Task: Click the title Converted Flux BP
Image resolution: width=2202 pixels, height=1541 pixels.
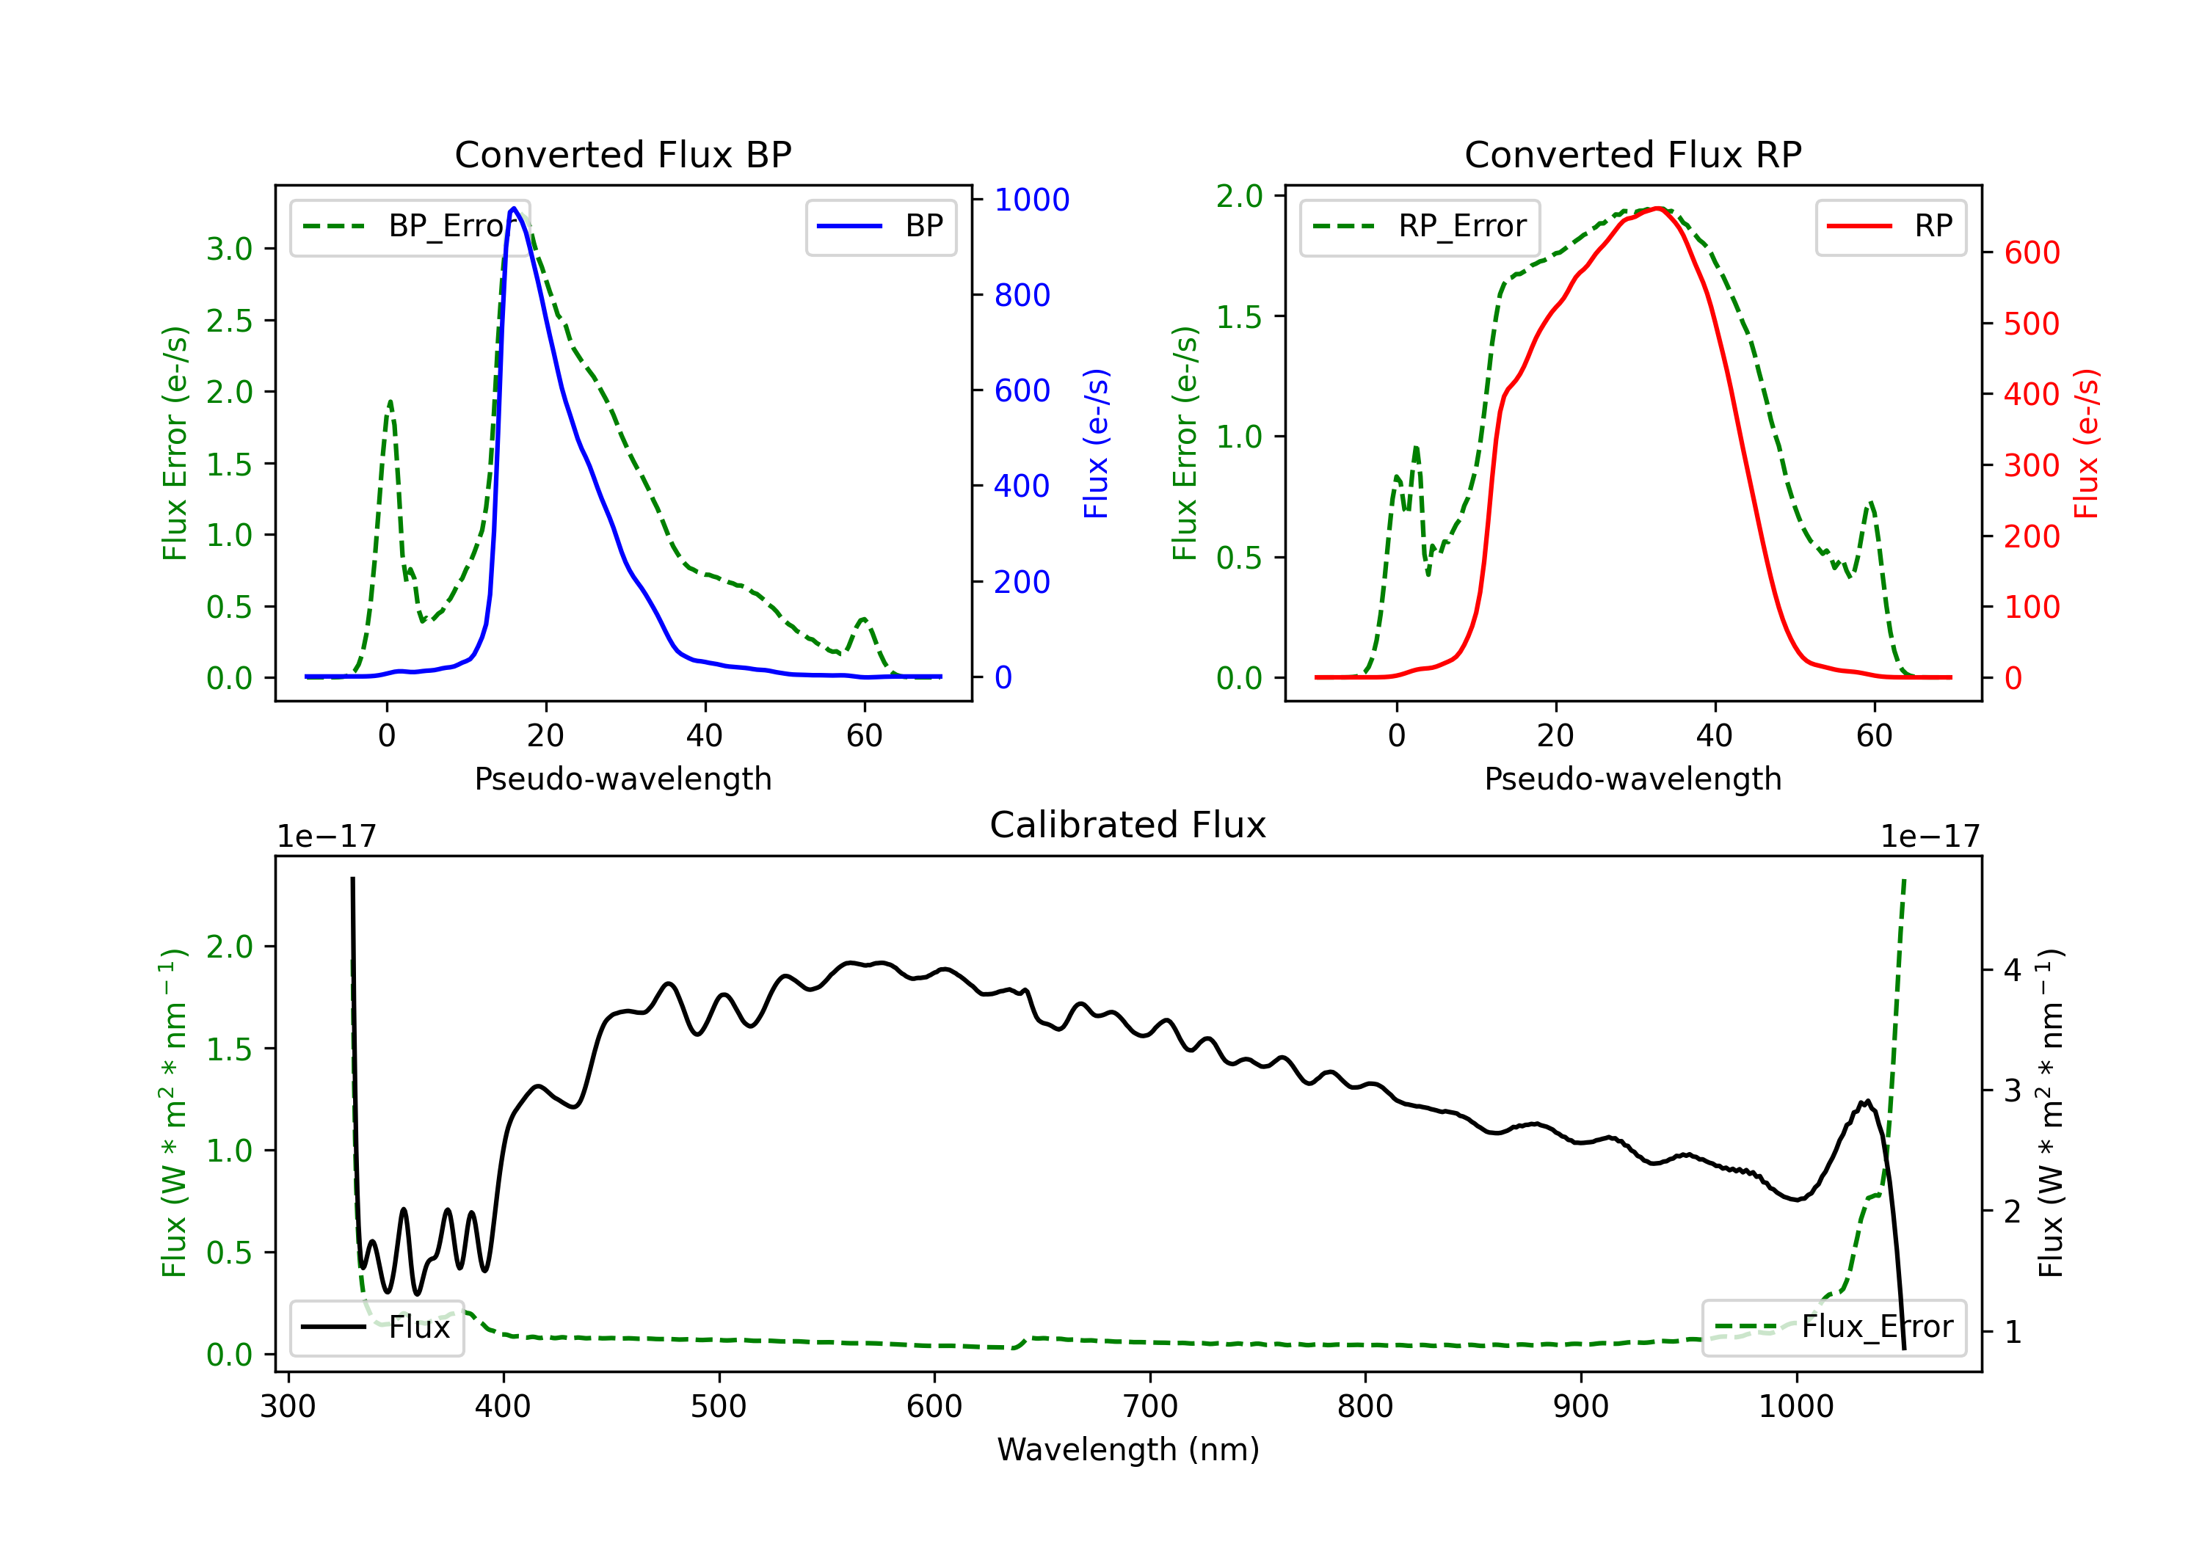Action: pos(622,154)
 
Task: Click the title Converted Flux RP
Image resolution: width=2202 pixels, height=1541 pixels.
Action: pos(1632,154)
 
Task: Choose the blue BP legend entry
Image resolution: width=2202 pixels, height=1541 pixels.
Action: pos(880,226)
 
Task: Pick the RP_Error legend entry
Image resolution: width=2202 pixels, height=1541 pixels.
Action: pos(1420,226)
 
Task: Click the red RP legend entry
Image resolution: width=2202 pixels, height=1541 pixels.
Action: pos(1890,226)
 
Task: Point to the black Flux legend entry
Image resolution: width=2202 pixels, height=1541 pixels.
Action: pos(377,1327)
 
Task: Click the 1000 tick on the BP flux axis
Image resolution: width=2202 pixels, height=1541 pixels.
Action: pos(1031,200)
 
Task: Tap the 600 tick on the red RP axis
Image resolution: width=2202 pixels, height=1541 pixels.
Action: pos(2031,253)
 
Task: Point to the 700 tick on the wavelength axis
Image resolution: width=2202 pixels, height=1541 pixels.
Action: pos(1149,1406)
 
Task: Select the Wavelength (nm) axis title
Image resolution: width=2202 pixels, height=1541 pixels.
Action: pos(1128,1449)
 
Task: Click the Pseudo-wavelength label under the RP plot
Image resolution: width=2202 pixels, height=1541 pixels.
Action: pos(1632,779)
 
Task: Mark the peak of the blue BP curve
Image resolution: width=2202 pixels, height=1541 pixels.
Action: pos(514,208)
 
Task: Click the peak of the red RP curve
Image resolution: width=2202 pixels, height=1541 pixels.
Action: pos(1657,208)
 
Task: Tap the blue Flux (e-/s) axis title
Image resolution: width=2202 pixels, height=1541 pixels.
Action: pos(1096,443)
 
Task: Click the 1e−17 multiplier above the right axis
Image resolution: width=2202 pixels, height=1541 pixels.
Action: pos(1929,837)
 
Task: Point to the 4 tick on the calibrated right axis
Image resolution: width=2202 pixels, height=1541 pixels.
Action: pos(2012,970)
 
